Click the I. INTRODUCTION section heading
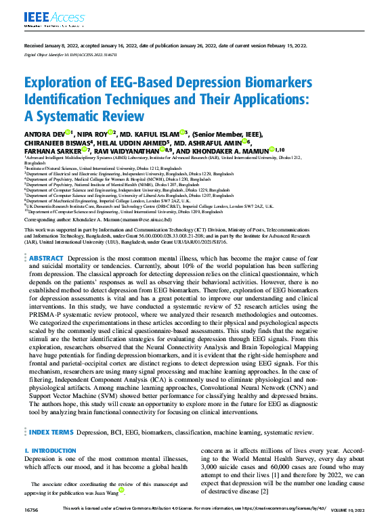point(49,451)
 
